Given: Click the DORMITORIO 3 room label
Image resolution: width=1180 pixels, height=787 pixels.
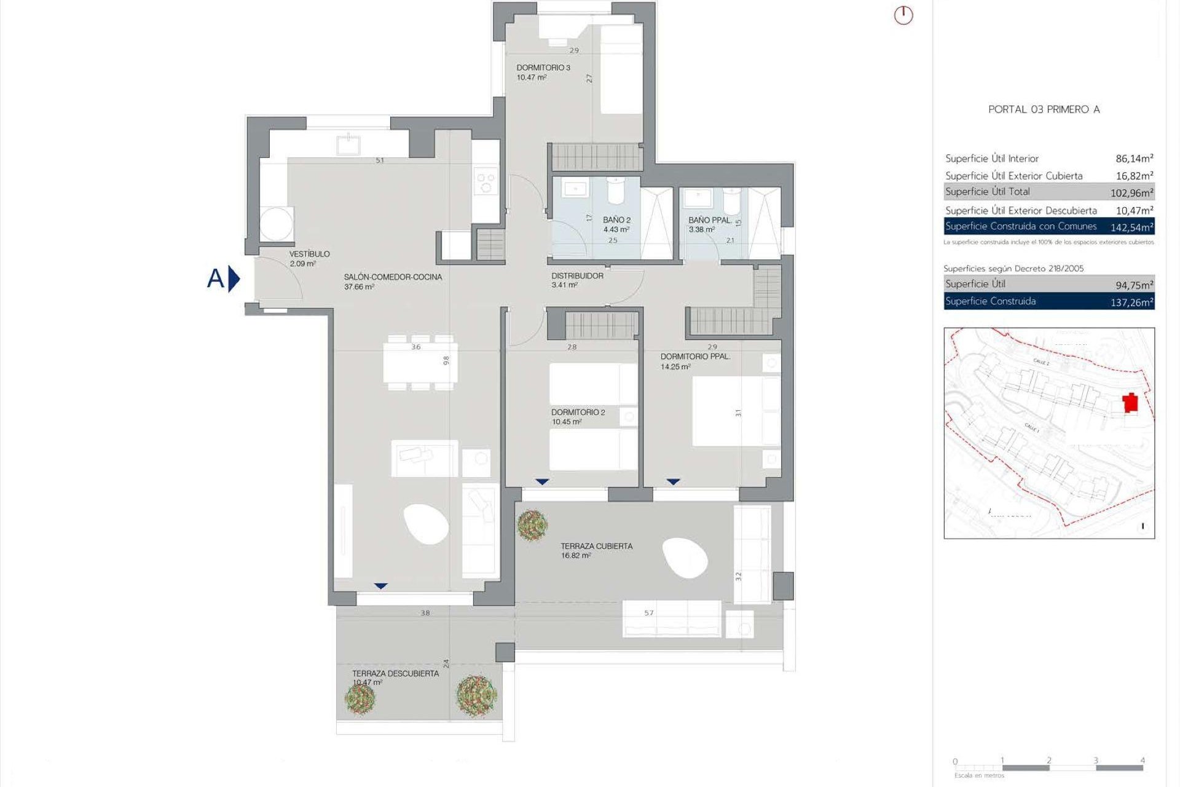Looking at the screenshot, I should (543, 68).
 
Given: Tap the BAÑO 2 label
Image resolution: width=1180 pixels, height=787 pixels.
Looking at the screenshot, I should (616, 219).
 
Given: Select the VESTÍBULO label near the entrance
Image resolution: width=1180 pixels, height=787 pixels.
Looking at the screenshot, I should (309, 254).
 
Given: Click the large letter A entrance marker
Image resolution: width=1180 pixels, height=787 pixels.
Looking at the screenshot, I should (216, 279).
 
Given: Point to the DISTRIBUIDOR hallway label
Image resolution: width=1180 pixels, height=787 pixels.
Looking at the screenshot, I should (577, 276).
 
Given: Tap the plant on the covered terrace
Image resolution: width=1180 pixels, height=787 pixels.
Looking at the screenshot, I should (532, 524).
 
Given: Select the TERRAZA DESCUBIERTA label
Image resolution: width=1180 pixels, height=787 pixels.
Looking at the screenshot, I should (395, 673).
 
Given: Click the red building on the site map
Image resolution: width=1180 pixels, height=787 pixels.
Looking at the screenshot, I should (1130, 403).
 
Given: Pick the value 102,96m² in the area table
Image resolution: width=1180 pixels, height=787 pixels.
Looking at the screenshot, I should (1131, 193).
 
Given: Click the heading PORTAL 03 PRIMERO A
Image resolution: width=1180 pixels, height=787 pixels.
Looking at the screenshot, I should (1044, 109).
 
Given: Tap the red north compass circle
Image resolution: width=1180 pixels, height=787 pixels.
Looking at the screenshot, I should (903, 15).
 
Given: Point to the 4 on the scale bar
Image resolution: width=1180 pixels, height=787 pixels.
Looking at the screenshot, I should (1142, 761).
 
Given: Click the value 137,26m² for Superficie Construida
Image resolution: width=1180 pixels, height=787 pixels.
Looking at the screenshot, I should (1131, 303).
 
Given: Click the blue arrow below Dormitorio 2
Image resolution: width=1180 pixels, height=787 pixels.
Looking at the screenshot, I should (541, 481).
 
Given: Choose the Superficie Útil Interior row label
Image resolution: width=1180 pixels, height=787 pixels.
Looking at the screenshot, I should (991, 159).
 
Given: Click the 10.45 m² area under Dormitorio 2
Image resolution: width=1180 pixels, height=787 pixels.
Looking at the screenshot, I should (566, 422).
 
